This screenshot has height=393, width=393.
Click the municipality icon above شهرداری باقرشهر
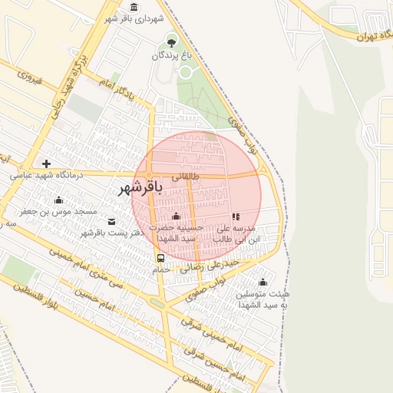tap(135, 7)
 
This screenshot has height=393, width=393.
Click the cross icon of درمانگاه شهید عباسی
tap(47, 163)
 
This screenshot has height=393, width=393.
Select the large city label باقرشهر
tap(142, 187)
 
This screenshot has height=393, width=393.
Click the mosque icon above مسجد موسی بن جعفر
tap(58, 200)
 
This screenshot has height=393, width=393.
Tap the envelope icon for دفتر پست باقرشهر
tap(112, 222)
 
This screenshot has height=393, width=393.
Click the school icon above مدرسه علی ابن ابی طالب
tap(236, 216)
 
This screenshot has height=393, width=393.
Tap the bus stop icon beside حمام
tap(160, 258)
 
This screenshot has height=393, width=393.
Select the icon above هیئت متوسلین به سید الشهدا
tap(263, 282)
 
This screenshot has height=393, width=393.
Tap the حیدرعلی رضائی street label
tap(210, 266)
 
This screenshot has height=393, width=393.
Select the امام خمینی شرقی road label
tap(201, 332)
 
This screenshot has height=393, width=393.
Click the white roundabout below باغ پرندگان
tap(184, 72)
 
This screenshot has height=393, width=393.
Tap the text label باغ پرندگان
tap(169, 55)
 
